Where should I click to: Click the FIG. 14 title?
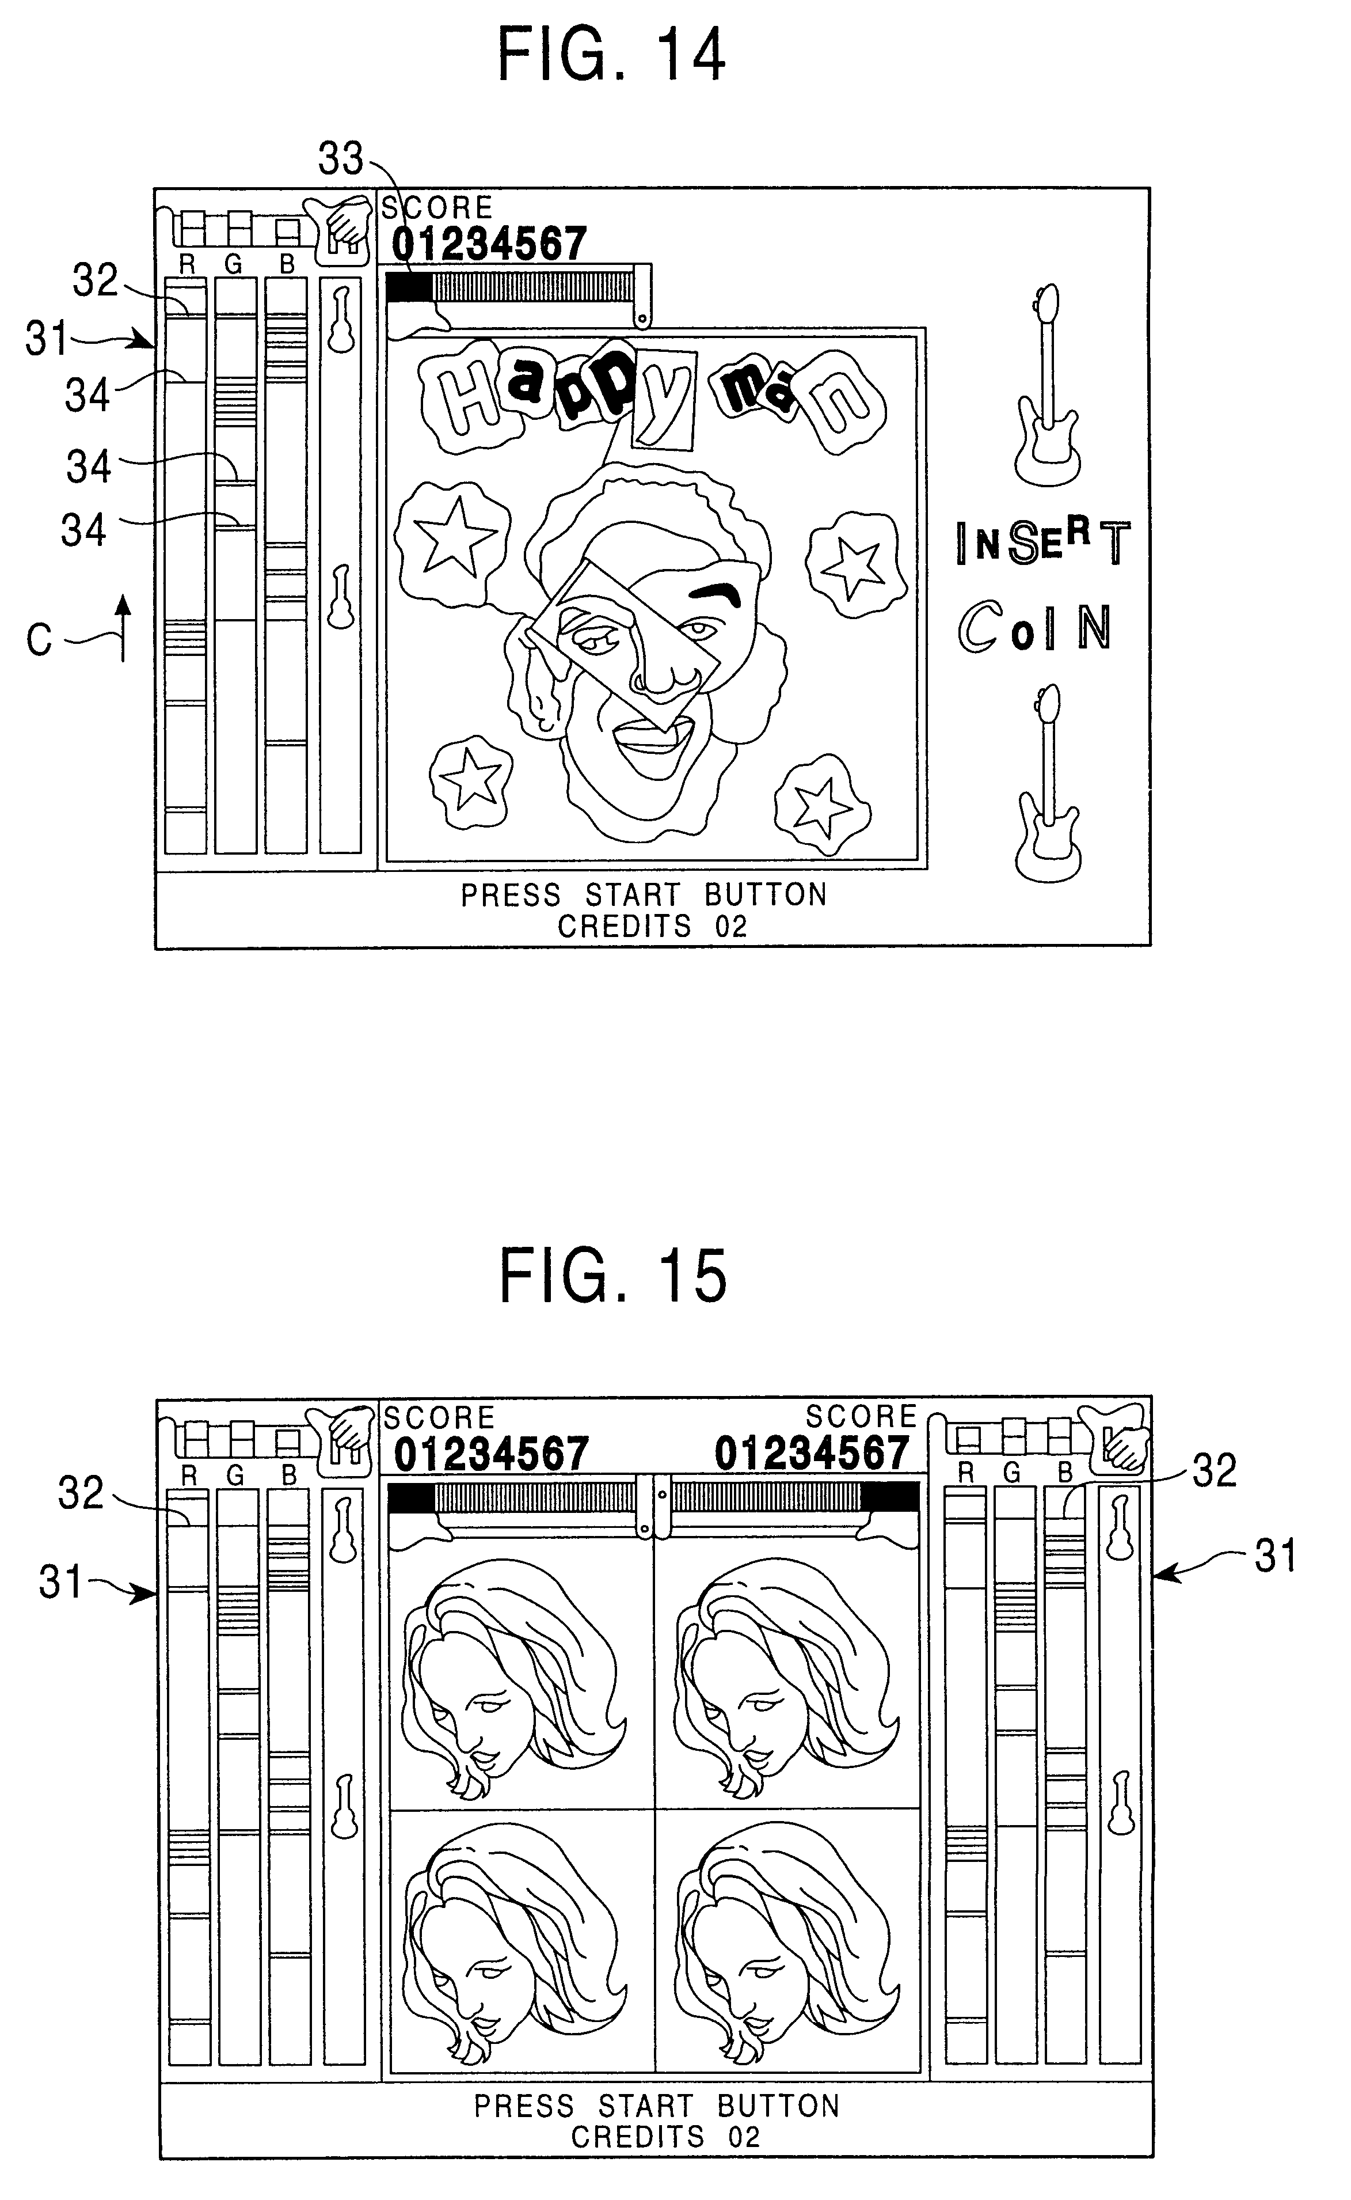(611, 55)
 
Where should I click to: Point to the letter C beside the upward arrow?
(39, 640)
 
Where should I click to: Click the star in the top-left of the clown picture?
(456, 536)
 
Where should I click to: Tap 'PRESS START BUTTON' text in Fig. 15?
(657, 2107)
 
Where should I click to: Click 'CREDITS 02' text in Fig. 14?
(652, 926)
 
